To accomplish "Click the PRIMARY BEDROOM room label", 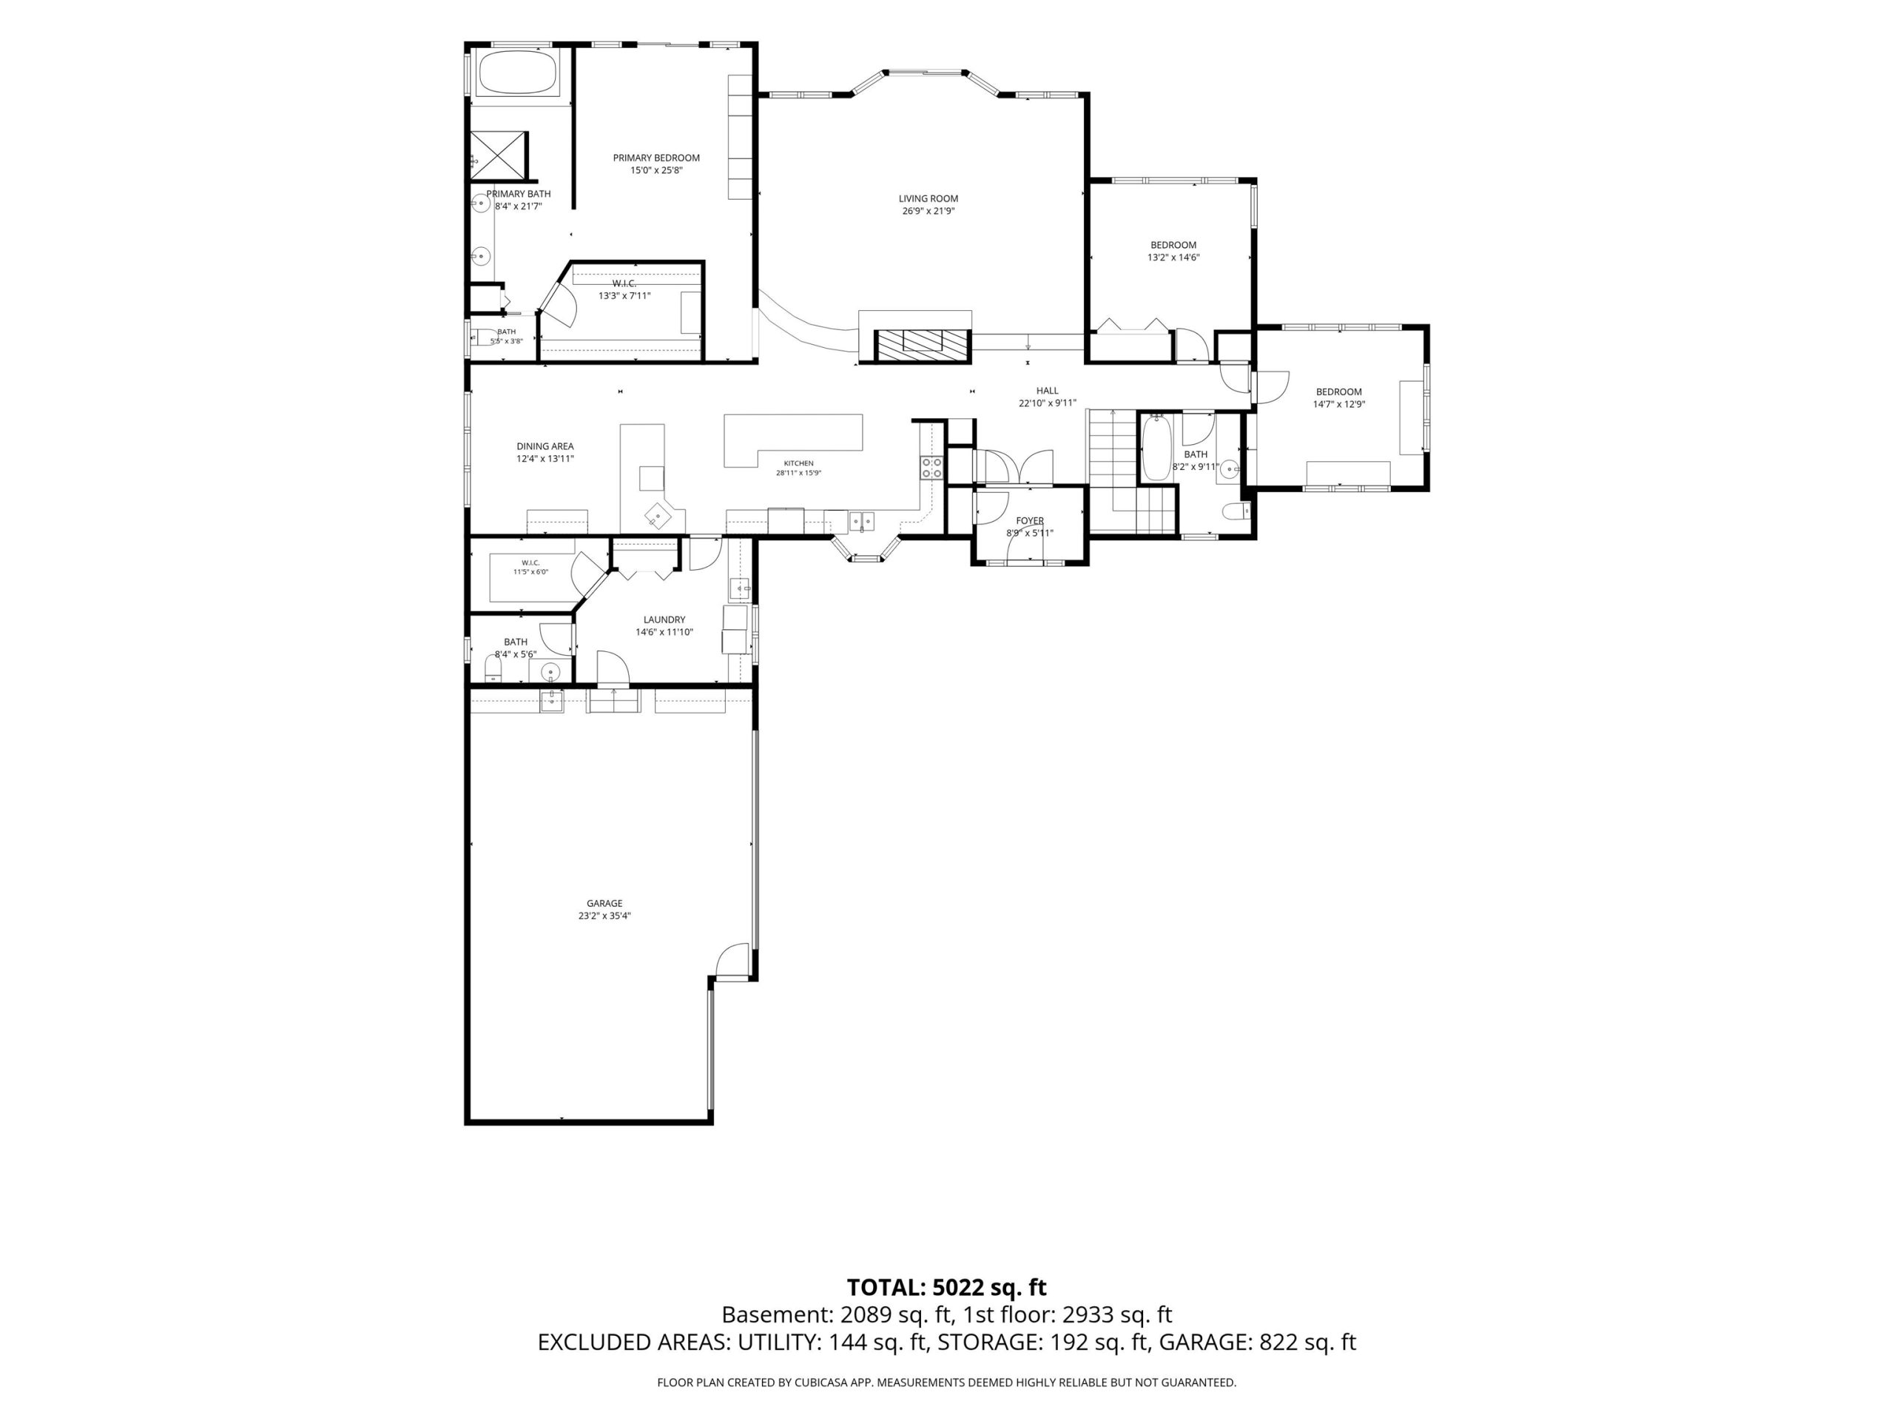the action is (x=656, y=158).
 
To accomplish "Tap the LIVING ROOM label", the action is (x=929, y=198).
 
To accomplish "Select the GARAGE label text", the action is (x=604, y=903).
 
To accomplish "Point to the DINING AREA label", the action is (x=545, y=446).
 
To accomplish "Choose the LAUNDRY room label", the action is (x=664, y=620).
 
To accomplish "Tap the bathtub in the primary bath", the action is (x=516, y=73).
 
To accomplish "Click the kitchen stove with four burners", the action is (x=931, y=467).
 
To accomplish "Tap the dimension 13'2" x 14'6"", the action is (x=1173, y=257).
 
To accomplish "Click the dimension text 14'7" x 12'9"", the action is (x=1339, y=404).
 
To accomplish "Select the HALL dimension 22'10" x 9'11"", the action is (x=1047, y=403).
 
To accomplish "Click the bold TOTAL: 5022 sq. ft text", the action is (x=947, y=1287).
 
